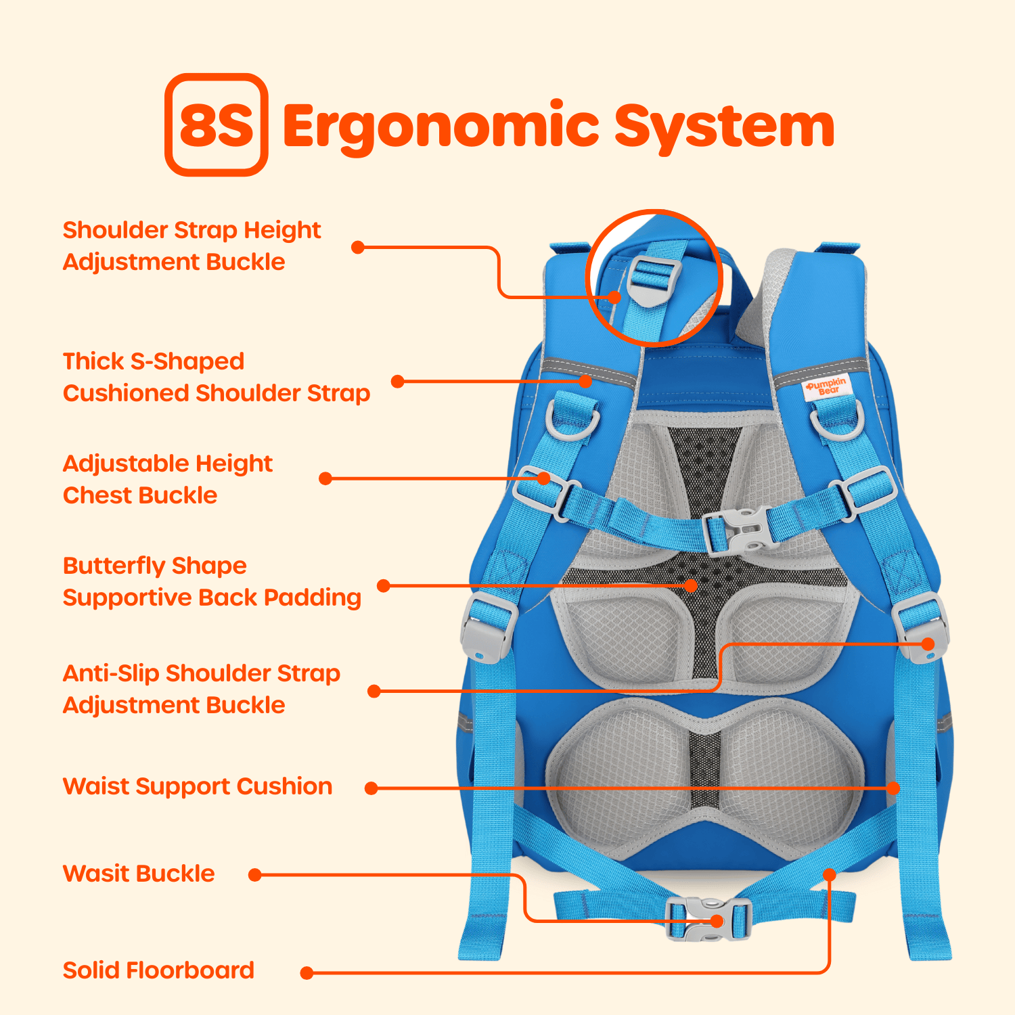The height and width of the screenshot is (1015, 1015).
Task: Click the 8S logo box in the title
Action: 216,125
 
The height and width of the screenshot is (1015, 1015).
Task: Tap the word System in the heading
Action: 724,127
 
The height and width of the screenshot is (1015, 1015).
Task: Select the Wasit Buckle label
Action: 139,874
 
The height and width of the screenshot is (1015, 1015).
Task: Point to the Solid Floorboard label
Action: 158,970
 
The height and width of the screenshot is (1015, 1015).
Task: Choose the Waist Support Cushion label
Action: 198,786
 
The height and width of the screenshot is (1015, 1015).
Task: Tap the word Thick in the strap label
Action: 93,361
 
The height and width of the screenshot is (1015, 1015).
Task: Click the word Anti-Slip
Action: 111,673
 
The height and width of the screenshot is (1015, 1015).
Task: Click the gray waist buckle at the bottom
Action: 708,919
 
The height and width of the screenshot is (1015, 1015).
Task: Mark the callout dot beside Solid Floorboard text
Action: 307,973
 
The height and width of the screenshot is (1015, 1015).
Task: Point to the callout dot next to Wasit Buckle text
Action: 255,875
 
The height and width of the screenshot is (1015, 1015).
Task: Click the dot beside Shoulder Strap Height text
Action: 358,248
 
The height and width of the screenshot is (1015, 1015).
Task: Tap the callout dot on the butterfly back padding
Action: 690,585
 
